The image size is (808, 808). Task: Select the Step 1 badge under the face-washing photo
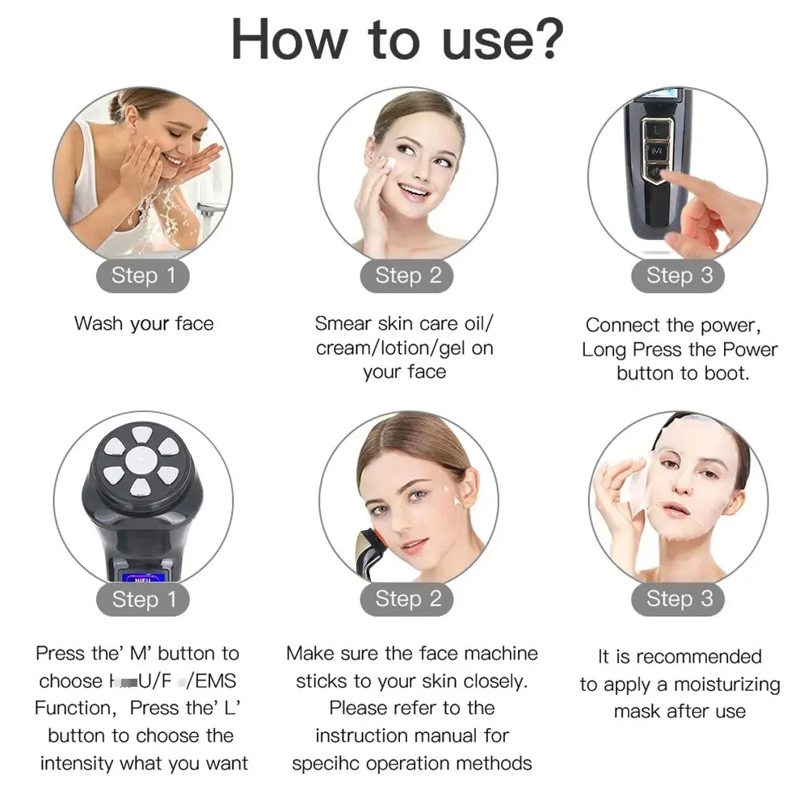(x=144, y=276)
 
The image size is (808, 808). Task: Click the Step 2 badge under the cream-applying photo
(x=408, y=276)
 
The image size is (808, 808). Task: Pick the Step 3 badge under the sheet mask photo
(x=679, y=599)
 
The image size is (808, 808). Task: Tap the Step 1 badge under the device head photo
(x=144, y=599)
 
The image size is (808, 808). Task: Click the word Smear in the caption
(x=343, y=324)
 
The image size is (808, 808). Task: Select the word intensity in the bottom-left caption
(x=78, y=763)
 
